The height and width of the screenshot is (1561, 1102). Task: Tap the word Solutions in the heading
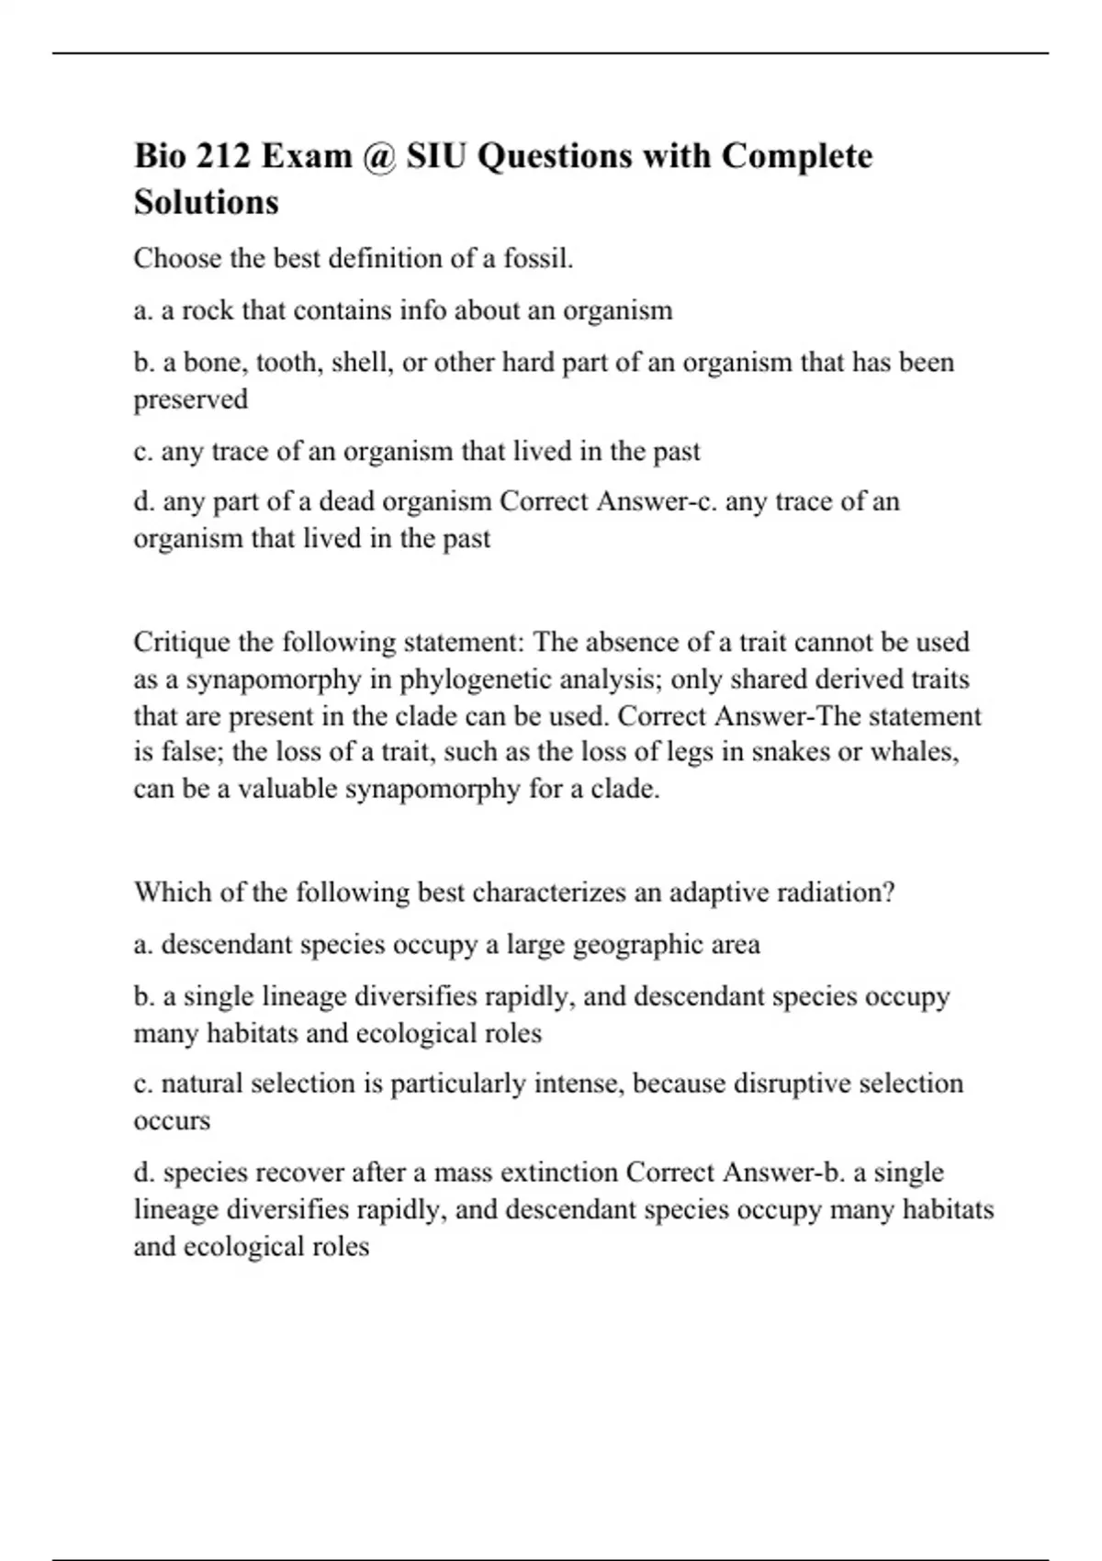pos(206,202)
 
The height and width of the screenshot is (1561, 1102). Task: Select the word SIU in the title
pos(437,156)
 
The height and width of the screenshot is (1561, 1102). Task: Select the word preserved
pos(191,399)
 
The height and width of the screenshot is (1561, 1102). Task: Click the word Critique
pos(182,642)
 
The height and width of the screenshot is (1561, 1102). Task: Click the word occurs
pos(172,1121)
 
